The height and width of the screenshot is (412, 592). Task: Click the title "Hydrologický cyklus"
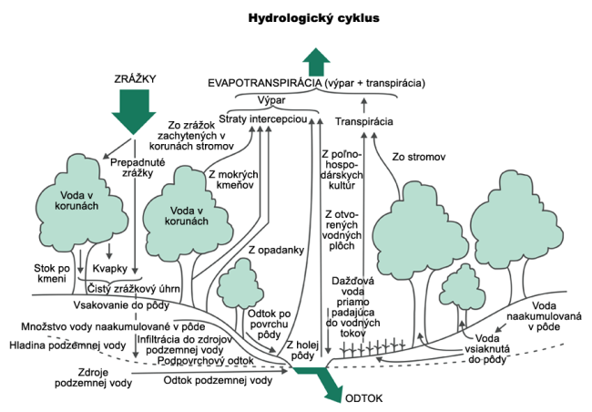(x=313, y=18)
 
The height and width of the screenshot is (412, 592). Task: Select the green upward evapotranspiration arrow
(x=316, y=62)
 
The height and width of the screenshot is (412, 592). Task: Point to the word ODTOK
(x=364, y=398)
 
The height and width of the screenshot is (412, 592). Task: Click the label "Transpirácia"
(x=364, y=122)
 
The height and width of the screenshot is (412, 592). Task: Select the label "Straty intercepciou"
(x=263, y=119)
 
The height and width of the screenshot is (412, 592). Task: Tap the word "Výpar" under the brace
(x=271, y=100)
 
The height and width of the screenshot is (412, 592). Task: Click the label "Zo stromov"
(x=419, y=157)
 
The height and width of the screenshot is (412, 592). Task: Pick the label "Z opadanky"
(x=276, y=251)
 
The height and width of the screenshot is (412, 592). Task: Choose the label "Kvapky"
(x=110, y=269)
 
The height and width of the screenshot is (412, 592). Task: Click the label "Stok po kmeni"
(x=52, y=273)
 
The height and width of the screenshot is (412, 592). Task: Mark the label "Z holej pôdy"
(x=302, y=350)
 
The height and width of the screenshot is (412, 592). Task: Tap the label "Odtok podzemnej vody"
(x=218, y=380)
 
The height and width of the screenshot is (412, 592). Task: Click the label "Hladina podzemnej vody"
(x=67, y=345)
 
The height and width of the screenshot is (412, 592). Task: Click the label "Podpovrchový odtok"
(x=206, y=361)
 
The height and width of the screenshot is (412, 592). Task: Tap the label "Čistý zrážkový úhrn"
(x=134, y=289)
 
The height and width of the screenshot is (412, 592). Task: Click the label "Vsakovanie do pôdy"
(x=121, y=305)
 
